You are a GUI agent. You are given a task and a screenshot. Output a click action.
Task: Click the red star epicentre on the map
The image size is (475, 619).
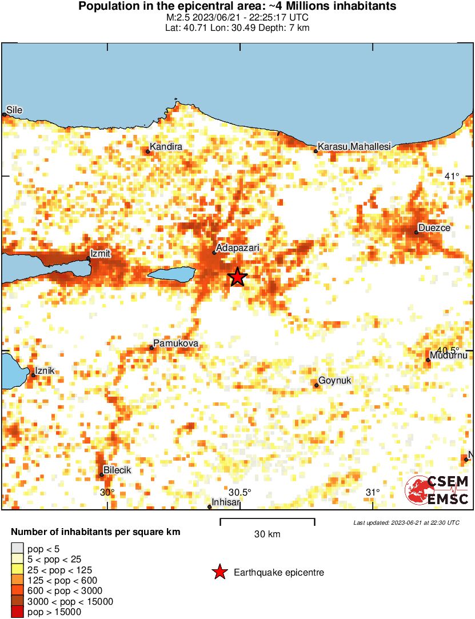[238, 277]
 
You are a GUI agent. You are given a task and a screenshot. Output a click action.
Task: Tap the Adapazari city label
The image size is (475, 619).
[238, 248]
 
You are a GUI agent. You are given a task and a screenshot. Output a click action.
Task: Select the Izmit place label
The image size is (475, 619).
[100, 253]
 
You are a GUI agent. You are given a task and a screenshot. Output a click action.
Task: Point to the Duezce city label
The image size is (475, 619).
[434, 228]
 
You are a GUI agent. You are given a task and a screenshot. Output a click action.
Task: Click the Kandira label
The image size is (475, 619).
[166, 147]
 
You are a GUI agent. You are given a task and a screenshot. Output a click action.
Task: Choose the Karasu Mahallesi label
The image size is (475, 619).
[354, 147]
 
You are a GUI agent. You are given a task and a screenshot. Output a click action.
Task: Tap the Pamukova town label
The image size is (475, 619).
[175, 344]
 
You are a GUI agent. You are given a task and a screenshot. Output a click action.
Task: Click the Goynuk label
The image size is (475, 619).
[334, 380]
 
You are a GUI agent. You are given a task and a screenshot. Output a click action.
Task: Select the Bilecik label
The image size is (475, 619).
[117, 470]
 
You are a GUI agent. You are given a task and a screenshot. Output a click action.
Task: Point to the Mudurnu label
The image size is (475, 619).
[450, 356]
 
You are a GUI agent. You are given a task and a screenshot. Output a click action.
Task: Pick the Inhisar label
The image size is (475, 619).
[223, 503]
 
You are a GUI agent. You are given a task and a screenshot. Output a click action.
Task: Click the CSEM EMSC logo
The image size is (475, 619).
[437, 490]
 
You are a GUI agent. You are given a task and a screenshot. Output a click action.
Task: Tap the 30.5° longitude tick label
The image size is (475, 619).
[240, 493]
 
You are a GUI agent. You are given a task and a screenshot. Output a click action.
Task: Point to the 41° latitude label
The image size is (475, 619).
[452, 176]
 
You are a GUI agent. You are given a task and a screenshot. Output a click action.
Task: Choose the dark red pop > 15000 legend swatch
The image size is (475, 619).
[17, 612]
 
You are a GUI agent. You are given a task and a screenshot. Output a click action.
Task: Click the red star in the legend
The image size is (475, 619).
[219, 572]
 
